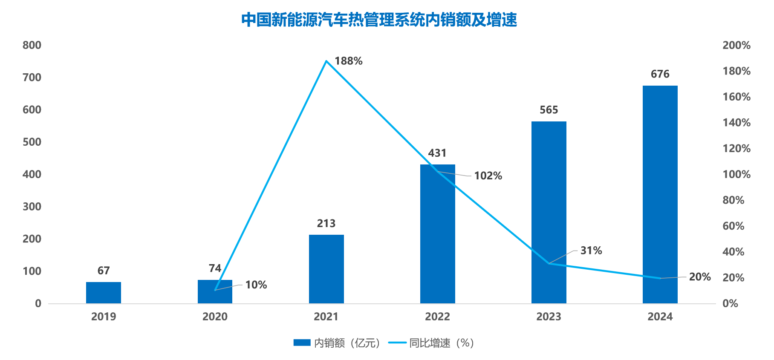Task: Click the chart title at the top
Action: (379, 20)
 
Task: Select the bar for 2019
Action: (104, 293)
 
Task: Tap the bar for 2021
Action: (326, 269)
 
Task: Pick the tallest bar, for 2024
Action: (660, 194)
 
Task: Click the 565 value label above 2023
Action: (549, 110)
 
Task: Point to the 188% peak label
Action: (348, 61)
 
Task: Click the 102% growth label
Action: (488, 176)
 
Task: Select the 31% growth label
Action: (591, 251)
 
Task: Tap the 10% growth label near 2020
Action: (256, 285)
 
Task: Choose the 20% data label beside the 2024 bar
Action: (700, 277)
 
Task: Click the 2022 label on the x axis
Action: (437, 317)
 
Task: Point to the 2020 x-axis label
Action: (215, 317)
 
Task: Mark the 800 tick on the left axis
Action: (32, 45)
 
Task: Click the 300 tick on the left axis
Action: (32, 207)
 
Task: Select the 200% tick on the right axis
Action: (736, 45)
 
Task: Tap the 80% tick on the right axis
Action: (733, 200)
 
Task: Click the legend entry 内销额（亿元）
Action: (337, 343)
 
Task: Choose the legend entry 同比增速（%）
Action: (432, 343)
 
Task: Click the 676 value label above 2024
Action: (660, 74)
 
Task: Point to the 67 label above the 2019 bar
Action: (104, 271)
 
